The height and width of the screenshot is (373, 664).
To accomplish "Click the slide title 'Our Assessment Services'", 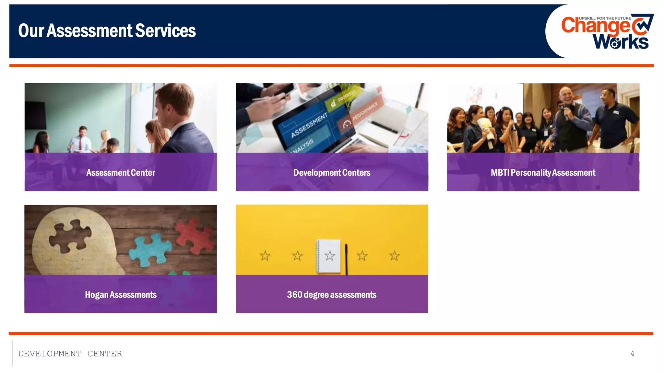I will point(107,31).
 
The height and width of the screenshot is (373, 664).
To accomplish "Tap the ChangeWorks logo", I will point(606,32).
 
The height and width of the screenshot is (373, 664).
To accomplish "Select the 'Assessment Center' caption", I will point(121,173).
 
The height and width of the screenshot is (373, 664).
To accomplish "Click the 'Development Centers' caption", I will point(332,173).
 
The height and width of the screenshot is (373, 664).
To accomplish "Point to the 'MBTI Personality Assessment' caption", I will point(543,173).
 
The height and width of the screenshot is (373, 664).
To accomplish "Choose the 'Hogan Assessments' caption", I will point(121,295).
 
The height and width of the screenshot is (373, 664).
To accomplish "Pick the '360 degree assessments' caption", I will point(332,295).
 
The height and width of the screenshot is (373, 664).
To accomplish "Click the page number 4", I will point(632,354).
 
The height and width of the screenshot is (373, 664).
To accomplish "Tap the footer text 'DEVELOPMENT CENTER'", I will point(70,354).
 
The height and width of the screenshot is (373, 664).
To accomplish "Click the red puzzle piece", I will point(195,235).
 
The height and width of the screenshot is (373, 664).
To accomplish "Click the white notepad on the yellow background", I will point(329,256).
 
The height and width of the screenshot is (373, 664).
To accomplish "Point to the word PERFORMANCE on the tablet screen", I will point(365,111).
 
